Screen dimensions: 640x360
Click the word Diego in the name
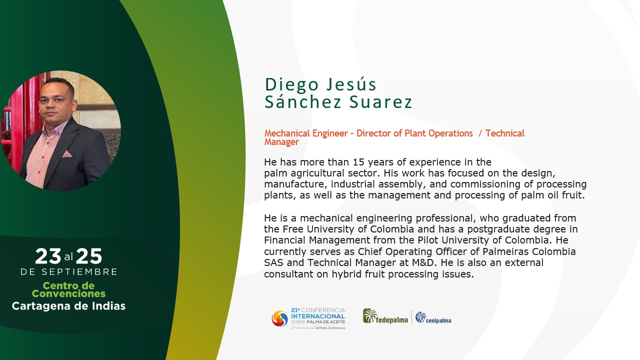pos(291,85)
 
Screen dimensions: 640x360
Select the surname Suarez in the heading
pos(381,102)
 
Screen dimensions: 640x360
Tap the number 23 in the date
pos(48,256)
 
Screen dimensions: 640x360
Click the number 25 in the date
pos(89,256)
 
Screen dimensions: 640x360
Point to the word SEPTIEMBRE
pos(79,271)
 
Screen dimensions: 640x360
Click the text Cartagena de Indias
pos(68,306)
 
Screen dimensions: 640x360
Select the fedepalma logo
pos(385,316)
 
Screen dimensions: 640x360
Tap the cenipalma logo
pos(433,317)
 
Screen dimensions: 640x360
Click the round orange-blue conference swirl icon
pos(279,318)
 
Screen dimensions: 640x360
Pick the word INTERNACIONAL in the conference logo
pos(318,316)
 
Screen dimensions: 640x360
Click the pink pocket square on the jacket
pos(67,154)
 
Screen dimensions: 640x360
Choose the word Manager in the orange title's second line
pos(281,142)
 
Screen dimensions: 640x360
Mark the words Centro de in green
pos(68,285)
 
